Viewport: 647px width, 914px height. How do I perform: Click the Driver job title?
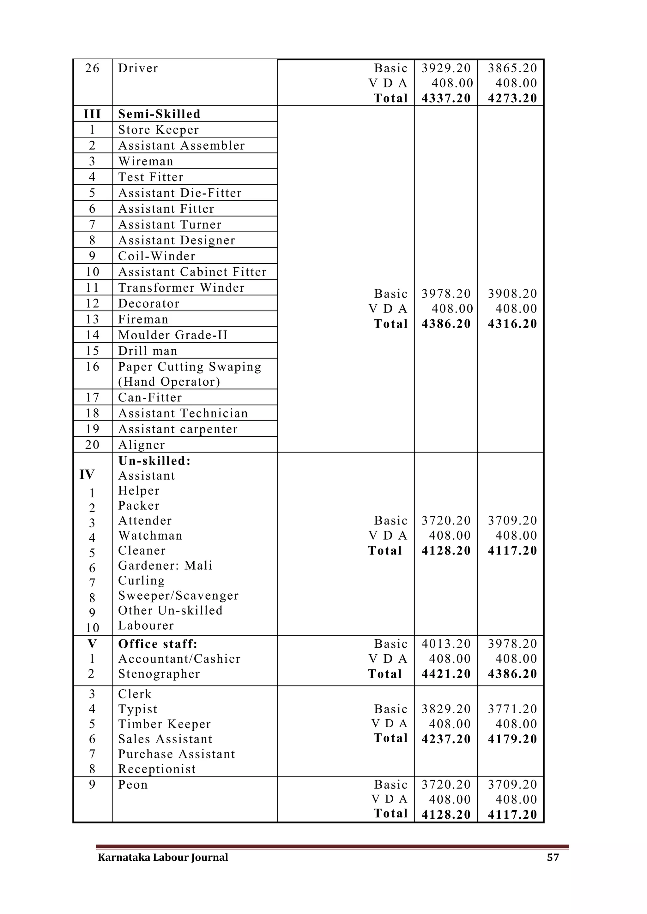click(x=138, y=68)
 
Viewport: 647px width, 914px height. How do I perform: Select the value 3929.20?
click(x=446, y=68)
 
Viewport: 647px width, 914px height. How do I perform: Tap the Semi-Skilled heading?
click(x=159, y=114)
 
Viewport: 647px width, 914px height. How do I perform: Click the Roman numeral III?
click(x=92, y=114)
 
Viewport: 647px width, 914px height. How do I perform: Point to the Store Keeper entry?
click(x=158, y=130)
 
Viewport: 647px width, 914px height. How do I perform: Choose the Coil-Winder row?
click(x=157, y=256)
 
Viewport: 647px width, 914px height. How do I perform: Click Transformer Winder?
click(x=181, y=288)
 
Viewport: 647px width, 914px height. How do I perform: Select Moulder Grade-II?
click(x=173, y=335)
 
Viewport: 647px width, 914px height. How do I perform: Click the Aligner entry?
click(x=142, y=445)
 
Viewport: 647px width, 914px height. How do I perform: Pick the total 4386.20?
click(x=446, y=323)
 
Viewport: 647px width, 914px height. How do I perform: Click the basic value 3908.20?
click(x=512, y=294)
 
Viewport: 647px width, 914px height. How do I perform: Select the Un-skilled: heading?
click(x=154, y=460)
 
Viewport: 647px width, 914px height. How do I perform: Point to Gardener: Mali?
click(x=165, y=565)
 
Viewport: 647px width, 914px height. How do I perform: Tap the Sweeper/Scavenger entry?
click(x=178, y=596)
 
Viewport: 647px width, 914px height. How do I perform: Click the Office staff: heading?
click(x=158, y=644)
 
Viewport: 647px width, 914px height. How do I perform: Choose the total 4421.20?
click(x=446, y=674)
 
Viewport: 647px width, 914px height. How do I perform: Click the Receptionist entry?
click(x=157, y=769)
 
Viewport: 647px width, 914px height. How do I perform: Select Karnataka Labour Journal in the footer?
click(x=163, y=857)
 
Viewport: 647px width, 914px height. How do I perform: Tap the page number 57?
click(x=553, y=857)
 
